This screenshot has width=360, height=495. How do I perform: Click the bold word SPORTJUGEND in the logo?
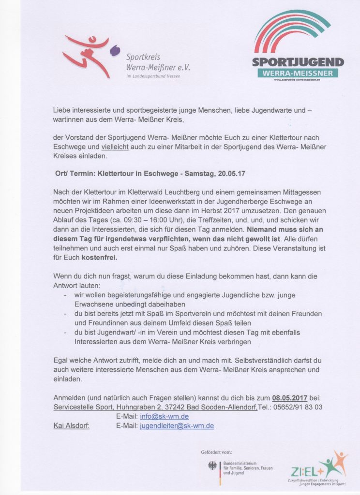click(298, 62)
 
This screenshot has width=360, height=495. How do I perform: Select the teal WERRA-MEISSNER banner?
click(298, 73)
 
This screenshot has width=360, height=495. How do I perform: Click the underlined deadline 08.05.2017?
click(289, 398)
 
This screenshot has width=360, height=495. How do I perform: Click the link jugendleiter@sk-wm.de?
click(177, 426)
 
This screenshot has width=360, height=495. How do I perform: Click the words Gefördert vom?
click(216, 452)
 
